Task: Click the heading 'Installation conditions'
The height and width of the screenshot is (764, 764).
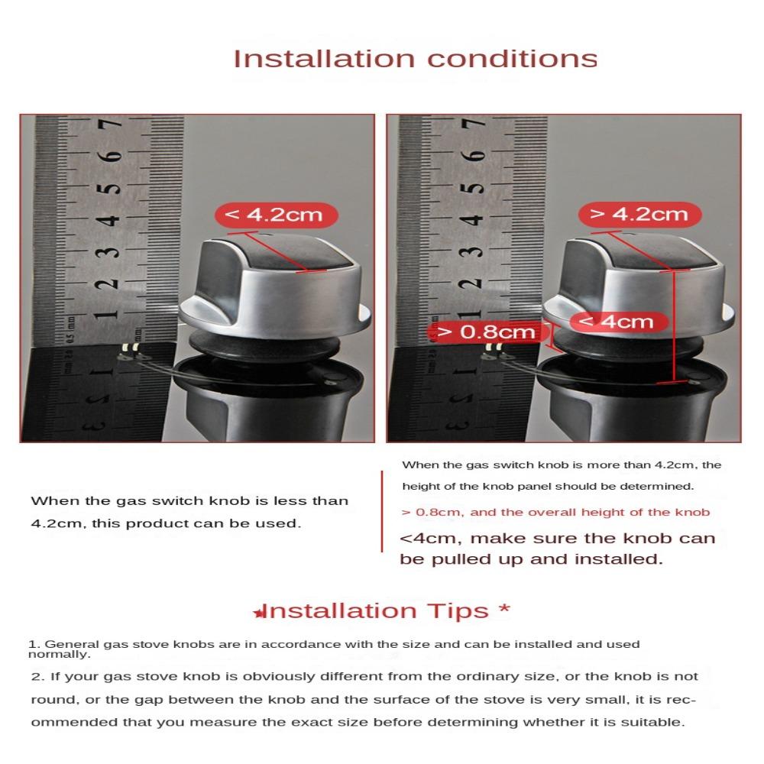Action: click(415, 59)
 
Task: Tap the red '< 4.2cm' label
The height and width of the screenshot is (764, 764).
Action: click(277, 215)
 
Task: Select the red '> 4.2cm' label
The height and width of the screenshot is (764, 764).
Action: click(639, 215)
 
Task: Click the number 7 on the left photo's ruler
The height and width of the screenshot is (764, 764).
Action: click(110, 125)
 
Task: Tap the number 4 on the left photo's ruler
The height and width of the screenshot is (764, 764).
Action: click(108, 220)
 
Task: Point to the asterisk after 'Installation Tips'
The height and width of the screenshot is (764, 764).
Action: click(505, 608)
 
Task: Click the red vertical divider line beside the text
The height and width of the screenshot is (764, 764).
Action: click(382, 512)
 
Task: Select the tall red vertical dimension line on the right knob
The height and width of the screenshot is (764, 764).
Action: click(674, 326)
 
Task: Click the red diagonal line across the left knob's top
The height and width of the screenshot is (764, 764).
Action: click(277, 251)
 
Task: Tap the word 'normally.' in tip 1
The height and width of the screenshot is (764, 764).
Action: click(60, 655)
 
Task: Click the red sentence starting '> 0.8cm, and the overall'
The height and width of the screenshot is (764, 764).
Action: click(555, 512)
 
